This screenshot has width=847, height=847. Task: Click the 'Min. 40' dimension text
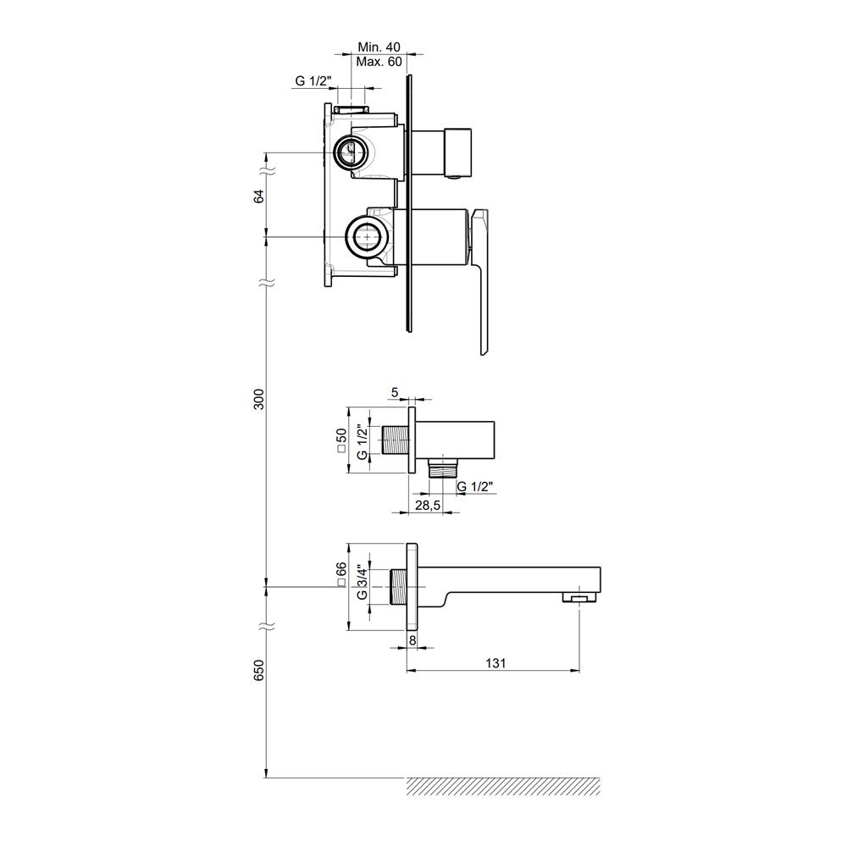379,47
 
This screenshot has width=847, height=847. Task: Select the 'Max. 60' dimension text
379,62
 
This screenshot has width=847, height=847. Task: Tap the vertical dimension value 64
259,197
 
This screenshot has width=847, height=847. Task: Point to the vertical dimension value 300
259,399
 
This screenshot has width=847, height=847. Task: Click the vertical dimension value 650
259,670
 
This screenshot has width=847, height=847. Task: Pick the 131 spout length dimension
495,663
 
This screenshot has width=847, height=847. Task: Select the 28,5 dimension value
428,505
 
